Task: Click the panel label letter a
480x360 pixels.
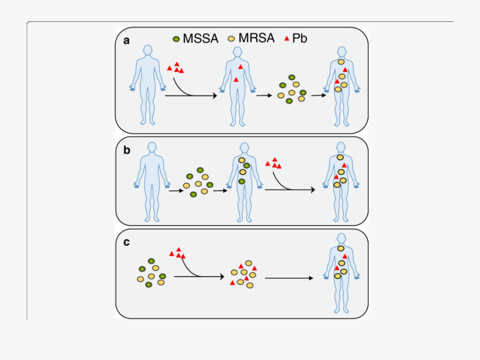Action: pos(127,41)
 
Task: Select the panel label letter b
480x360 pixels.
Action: pos(127,150)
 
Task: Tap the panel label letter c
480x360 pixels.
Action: pos(126,242)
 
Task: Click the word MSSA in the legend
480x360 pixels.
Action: pos(201,38)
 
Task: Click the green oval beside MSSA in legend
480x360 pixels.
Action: pos(176,38)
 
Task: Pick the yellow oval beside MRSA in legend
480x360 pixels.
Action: pos(232,38)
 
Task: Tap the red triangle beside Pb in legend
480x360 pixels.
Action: pos(286,38)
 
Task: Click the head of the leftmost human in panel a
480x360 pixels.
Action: pos(147,52)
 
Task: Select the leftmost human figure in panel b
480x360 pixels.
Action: pos(152,181)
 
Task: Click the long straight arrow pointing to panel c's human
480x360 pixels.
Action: pos(289,278)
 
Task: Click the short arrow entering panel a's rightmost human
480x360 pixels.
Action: pos(318,95)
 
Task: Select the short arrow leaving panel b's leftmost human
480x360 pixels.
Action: pos(176,189)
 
